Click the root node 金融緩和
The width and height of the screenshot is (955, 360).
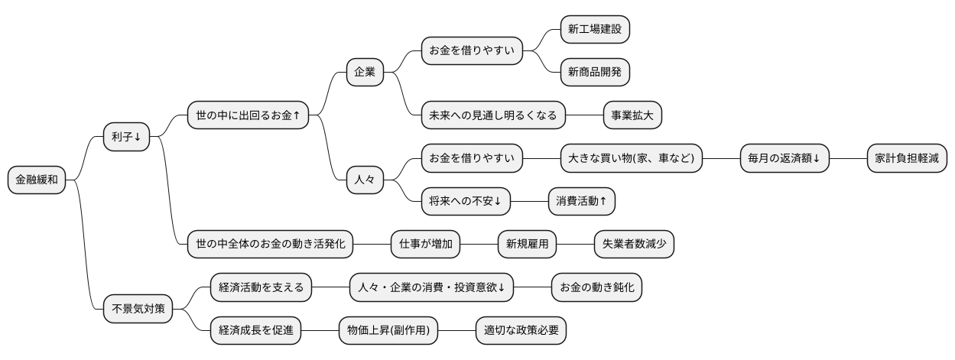click(x=37, y=180)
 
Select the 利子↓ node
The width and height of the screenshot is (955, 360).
click(x=126, y=137)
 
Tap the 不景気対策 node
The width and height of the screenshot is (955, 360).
click(x=138, y=310)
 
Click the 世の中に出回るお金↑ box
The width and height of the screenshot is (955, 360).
click(x=248, y=115)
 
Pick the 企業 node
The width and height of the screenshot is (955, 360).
click(x=365, y=72)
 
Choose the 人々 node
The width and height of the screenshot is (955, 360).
click(x=365, y=180)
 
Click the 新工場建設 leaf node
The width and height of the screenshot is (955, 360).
click(x=595, y=29)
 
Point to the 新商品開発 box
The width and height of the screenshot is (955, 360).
click(x=595, y=72)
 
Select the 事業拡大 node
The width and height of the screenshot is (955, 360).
click(x=632, y=115)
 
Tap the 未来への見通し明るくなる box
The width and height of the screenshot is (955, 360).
click(x=493, y=115)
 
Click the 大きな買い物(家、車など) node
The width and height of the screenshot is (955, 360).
click(x=631, y=158)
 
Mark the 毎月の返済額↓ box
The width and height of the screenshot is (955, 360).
click(x=784, y=158)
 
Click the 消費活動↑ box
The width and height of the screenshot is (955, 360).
click(x=581, y=201)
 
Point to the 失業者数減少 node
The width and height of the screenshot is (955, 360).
click(x=634, y=245)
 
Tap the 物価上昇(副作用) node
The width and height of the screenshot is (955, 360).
click(x=388, y=331)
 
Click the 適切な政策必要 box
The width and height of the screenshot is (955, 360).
click(x=521, y=331)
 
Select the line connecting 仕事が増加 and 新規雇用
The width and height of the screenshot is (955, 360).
click(x=479, y=245)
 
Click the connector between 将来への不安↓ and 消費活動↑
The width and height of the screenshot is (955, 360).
click(x=528, y=201)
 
